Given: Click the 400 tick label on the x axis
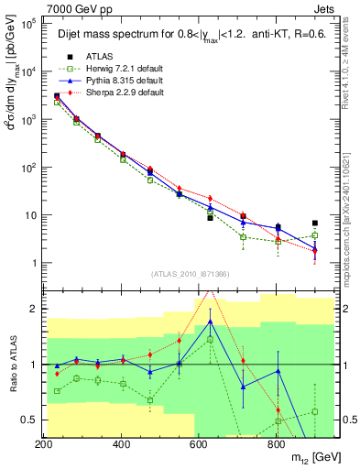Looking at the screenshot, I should pyautogui.click(x=121, y=443).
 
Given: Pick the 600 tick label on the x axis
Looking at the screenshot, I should pyautogui.click(x=198, y=443).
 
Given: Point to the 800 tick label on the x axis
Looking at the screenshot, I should pyautogui.click(x=276, y=443).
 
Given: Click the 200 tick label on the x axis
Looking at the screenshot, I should pyautogui.click(x=44, y=443).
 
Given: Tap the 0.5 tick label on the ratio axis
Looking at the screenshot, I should pyautogui.click(x=27, y=420).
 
